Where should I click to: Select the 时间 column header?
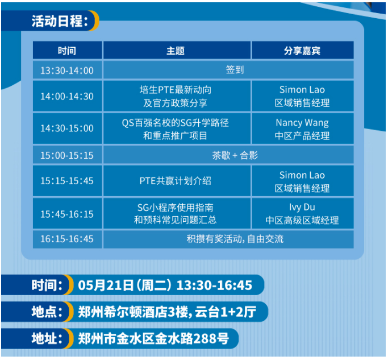pyautogui.click(x=67, y=51)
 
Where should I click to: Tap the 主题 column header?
pyautogui.click(x=176, y=51)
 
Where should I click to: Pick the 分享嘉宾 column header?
pyautogui.click(x=302, y=51)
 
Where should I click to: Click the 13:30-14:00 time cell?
pyautogui.click(x=67, y=71)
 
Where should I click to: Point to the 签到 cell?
pyautogui.click(x=235, y=71)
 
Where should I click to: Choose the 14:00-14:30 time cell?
pyautogui.click(x=67, y=96)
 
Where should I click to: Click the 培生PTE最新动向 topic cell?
pyautogui.click(x=176, y=96)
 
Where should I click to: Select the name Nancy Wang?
pyautogui.click(x=302, y=122)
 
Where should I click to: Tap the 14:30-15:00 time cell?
pyautogui.click(x=67, y=129)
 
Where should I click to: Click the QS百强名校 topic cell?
pyautogui.click(x=176, y=129)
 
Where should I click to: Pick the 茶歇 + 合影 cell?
pyautogui.click(x=235, y=155)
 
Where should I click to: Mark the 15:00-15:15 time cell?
pyautogui.click(x=67, y=155)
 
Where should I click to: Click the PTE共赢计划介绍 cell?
pyautogui.click(x=176, y=181)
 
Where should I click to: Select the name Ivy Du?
pyautogui.click(x=302, y=207)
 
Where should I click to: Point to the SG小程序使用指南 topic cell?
pyautogui.click(x=176, y=213)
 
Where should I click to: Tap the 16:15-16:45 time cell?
pyautogui.click(x=67, y=239)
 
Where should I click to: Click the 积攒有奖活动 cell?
pyautogui.click(x=235, y=239)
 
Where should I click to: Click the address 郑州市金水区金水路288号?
pyautogui.click(x=153, y=339)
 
